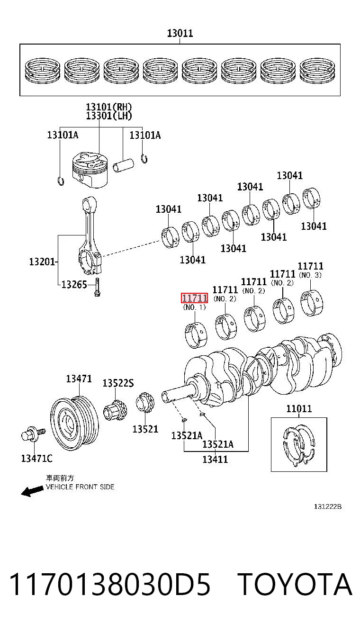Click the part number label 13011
click(x=180, y=33)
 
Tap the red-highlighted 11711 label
click(x=194, y=298)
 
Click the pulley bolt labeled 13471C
click(x=33, y=434)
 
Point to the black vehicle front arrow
click(x=32, y=491)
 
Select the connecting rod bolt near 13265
click(x=97, y=287)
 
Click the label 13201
click(x=42, y=262)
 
